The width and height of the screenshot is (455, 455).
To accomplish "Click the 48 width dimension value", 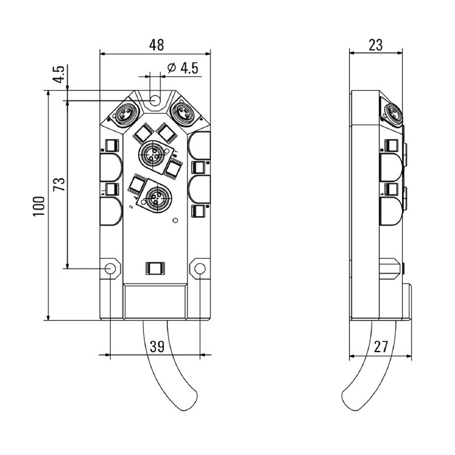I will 155,44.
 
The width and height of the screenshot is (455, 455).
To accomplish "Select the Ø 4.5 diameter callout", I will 183,69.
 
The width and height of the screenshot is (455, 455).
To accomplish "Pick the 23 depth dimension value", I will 376,44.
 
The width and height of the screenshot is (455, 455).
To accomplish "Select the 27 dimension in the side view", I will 380,346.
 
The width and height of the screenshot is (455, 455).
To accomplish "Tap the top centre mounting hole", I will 154,100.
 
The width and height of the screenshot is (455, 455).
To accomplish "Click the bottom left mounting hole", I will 110,268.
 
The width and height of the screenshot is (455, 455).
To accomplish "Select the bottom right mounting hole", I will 200,268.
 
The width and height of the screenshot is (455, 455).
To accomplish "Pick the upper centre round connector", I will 152,152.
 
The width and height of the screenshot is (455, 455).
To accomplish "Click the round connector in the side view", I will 392,113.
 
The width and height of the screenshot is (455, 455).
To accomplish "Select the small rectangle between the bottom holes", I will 155,267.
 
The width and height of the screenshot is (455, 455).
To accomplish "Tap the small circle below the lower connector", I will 175,221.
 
